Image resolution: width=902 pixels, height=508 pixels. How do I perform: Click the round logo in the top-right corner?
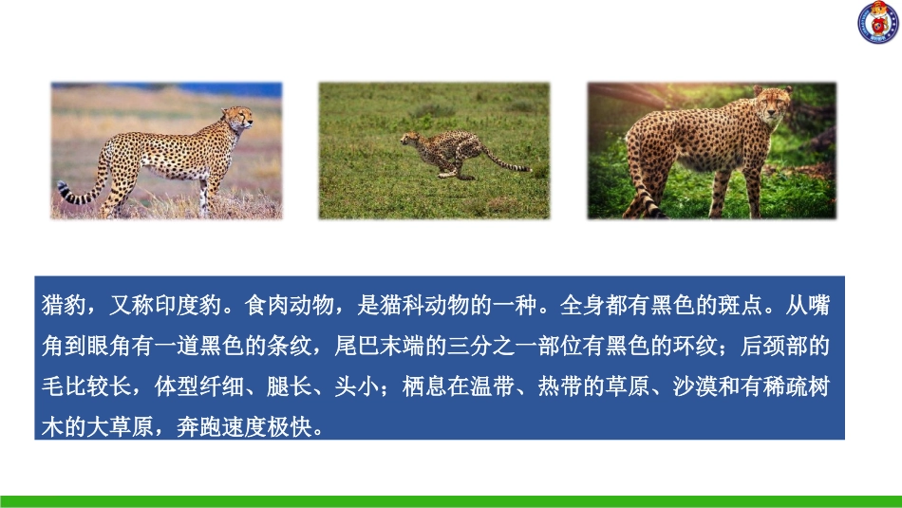(878, 23)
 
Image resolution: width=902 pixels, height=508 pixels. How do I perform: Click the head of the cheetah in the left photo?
(238, 119)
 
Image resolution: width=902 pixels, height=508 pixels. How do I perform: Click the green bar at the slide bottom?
(451, 500)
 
